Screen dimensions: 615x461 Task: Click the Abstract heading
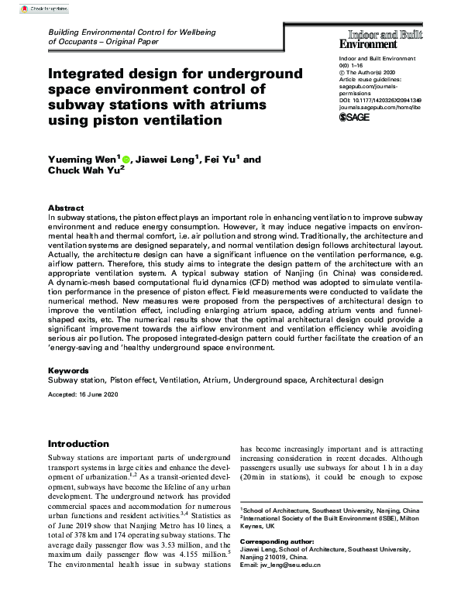coord(66,208)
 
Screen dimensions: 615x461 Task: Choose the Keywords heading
coord(68,371)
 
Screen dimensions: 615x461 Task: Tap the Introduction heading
coord(78,444)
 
